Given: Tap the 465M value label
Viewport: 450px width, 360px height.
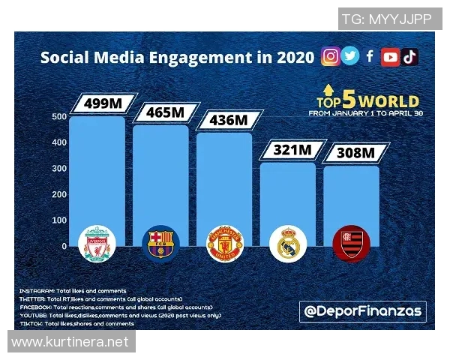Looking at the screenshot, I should tap(160, 112).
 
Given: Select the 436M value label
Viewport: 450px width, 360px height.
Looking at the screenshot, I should tap(224, 120).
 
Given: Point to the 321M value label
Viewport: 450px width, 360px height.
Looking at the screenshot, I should tap(288, 149).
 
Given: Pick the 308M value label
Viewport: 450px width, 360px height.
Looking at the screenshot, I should tap(351, 153).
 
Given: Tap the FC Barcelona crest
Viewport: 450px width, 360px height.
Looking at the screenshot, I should tap(160, 242).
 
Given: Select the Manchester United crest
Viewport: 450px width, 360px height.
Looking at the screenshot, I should tap(225, 243).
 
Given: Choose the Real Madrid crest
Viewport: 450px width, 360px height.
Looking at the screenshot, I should tap(288, 243).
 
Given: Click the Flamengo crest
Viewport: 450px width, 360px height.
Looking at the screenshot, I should tap(351, 243).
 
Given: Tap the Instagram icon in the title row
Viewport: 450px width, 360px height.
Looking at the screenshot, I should tap(330, 56).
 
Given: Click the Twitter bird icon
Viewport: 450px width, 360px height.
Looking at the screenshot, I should tap(350, 56).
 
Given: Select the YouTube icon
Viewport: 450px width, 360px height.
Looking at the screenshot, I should tap(390, 57).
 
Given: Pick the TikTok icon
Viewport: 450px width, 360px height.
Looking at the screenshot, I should tap(409, 57).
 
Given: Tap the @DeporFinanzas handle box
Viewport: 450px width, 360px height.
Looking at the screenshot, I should tap(363, 310).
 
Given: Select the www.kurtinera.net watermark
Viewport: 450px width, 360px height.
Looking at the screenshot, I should tap(71, 342).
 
